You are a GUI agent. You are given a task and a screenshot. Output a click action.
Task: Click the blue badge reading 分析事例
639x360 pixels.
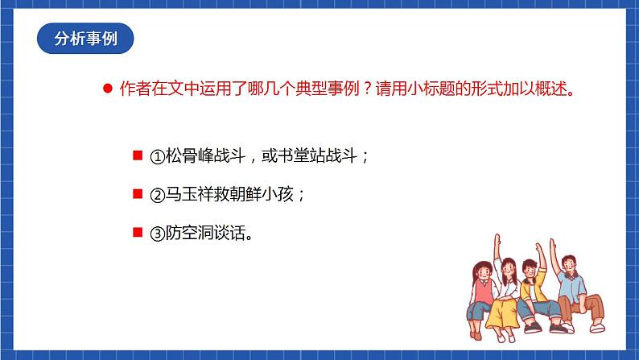click(x=85, y=39)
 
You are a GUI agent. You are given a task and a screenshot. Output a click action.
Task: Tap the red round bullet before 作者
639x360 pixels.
click(x=107, y=89)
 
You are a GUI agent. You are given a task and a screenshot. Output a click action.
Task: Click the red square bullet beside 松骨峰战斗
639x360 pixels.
click(x=137, y=156)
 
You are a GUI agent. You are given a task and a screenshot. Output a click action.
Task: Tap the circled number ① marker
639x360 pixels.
click(x=157, y=157)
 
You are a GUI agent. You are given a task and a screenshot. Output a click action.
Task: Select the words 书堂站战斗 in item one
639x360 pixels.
click(x=320, y=157)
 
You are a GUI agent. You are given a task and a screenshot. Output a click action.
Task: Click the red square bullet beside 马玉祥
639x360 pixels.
click(x=137, y=195)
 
